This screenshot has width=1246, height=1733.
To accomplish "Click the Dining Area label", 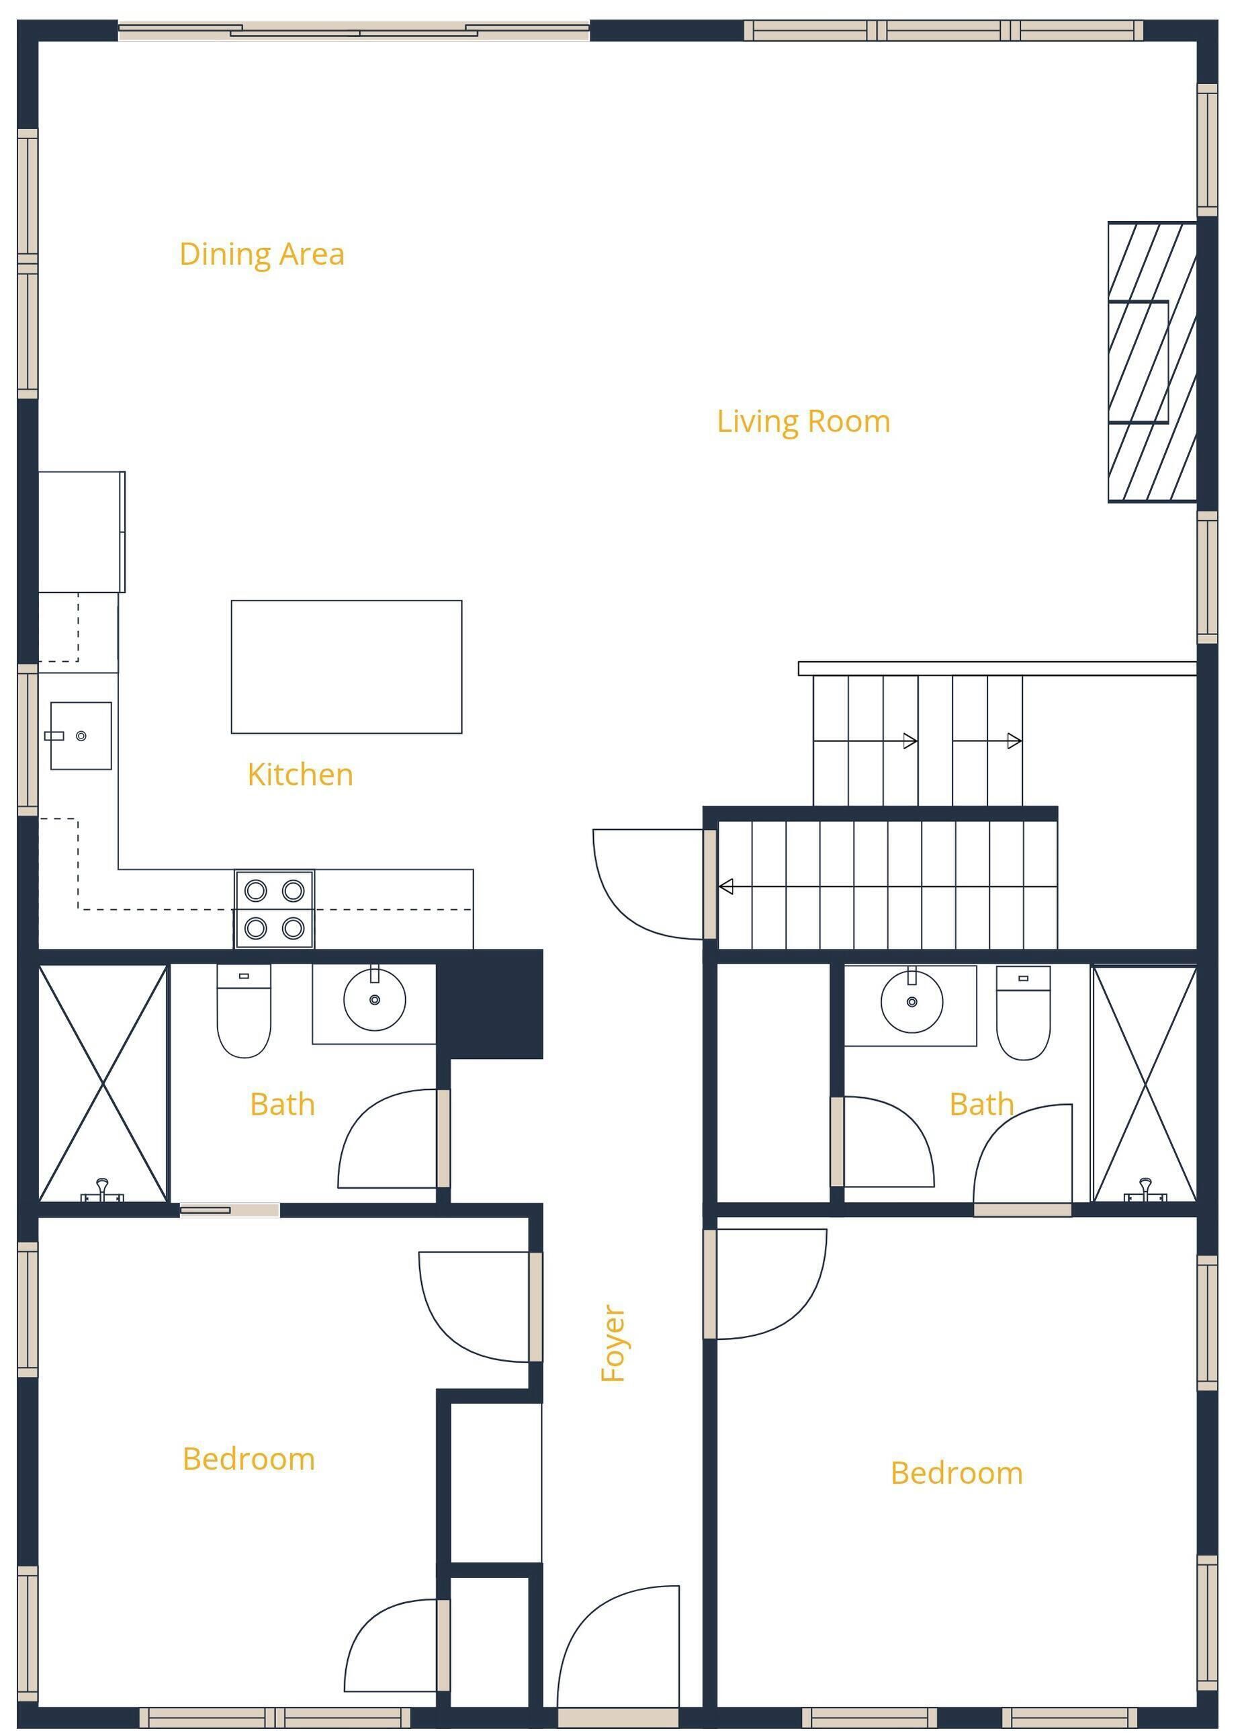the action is coord(261,255).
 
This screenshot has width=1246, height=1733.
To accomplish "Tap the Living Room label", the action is coord(803,422).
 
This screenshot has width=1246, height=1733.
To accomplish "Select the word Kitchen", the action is coord(300,775).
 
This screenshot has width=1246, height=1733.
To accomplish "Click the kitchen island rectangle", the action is coord(346,667).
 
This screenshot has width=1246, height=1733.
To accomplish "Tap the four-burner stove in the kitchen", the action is coord(274,909).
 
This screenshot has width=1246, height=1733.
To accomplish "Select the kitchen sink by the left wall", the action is coord(81,736).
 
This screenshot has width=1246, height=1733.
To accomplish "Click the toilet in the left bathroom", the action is coord(244,1011).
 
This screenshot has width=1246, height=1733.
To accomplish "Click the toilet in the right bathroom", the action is coord(1023,1013).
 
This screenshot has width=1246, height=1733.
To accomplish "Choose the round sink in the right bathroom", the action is coord(911,1001).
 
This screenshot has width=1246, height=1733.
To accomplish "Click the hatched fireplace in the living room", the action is coord(1152,362).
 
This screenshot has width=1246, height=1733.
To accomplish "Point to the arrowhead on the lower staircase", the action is coord(725,886).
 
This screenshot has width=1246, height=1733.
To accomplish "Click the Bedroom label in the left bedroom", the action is coord(249,1460).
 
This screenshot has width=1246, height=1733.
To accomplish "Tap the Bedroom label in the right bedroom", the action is coord(956,1473).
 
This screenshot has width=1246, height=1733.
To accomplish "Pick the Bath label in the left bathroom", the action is coord(282,1104).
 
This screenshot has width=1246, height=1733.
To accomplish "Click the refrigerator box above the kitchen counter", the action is coord(82,531).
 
